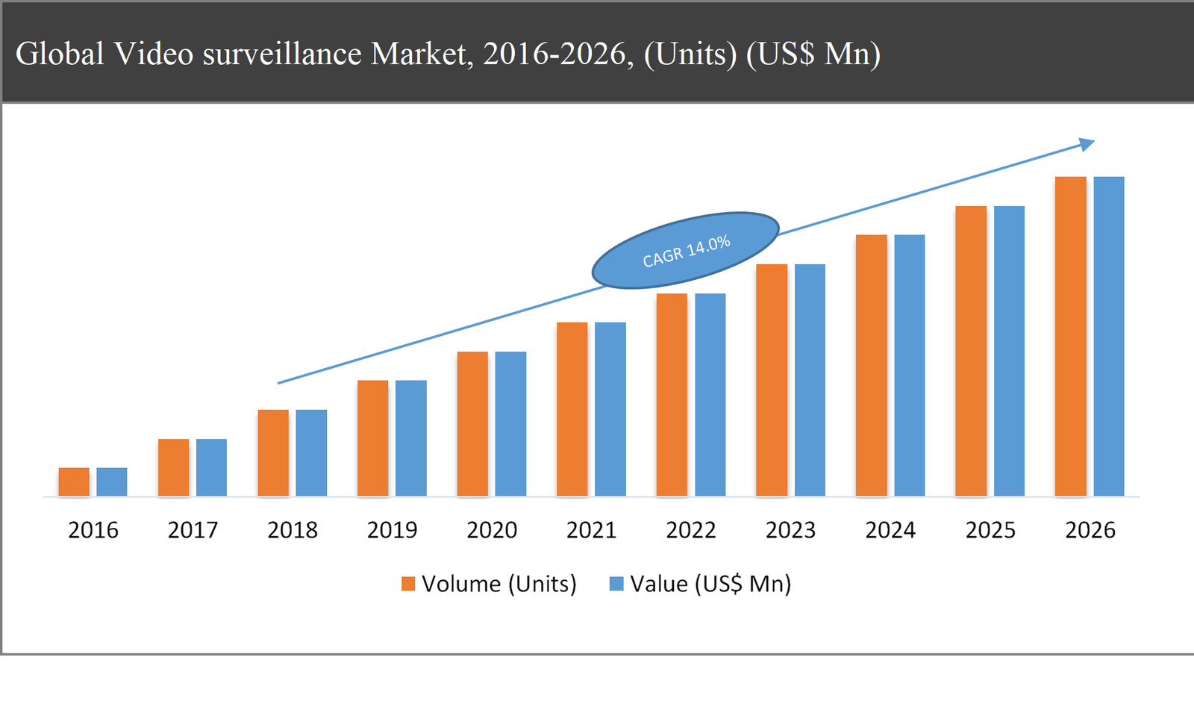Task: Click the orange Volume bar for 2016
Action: click(74, 482)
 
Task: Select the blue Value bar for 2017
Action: click(211, 467)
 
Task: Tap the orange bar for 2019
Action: click(372, 438)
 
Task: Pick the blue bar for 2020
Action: click(510, 423)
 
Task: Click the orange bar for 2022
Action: click(672, 394)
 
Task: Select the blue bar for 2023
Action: click(810, 380)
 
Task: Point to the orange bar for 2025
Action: click(971, 351)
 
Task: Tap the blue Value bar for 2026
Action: click(1109, 336)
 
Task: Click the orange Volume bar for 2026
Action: click(1070, 336)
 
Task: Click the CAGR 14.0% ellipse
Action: click(685, 251)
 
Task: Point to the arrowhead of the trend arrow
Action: click(1087, 144)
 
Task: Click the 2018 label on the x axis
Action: click(293, 530)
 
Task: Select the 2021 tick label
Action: click(591, 530)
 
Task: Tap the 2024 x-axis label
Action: click(890, 530)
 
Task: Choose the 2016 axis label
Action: click(93, 530)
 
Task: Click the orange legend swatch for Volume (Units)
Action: click(408, 584)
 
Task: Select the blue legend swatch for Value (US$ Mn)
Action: click(616, 584)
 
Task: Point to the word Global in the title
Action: click(60, 54)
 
